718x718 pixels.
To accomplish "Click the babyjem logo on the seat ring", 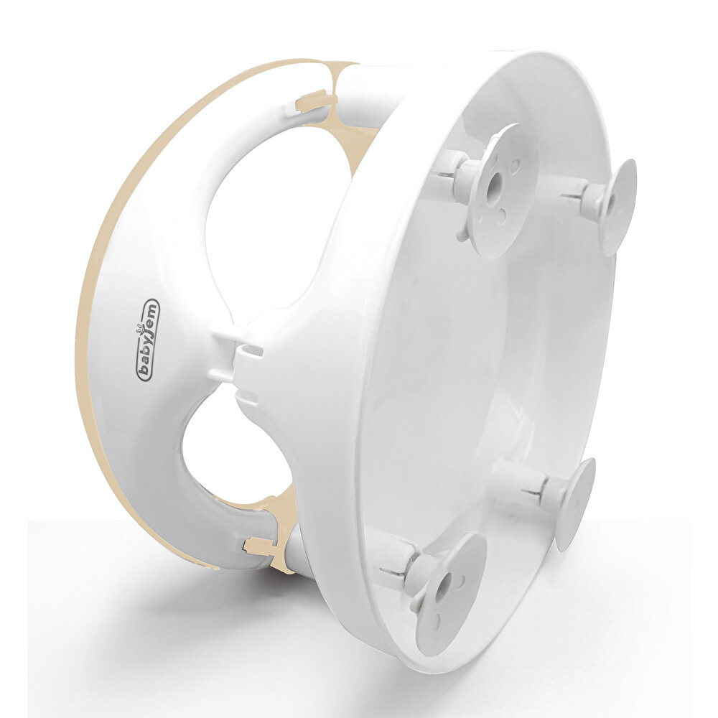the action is coord(149,340).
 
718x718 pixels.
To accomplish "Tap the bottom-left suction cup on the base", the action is coord(449,591).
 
